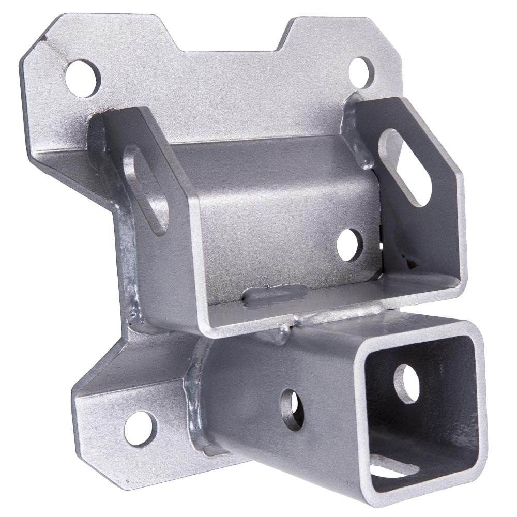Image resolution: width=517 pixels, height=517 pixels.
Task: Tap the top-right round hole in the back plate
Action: point(360,71)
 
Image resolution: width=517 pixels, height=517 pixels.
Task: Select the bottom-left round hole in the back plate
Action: point(140,428)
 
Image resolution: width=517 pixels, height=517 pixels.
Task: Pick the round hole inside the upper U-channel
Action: point(349,245)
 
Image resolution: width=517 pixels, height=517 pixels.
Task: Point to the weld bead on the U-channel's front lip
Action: point(269,296)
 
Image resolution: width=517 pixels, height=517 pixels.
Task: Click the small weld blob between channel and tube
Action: point(284,333)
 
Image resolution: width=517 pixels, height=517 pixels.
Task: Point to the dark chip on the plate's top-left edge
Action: point(47,39)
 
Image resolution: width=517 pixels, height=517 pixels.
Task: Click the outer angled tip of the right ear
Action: point(458,171)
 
